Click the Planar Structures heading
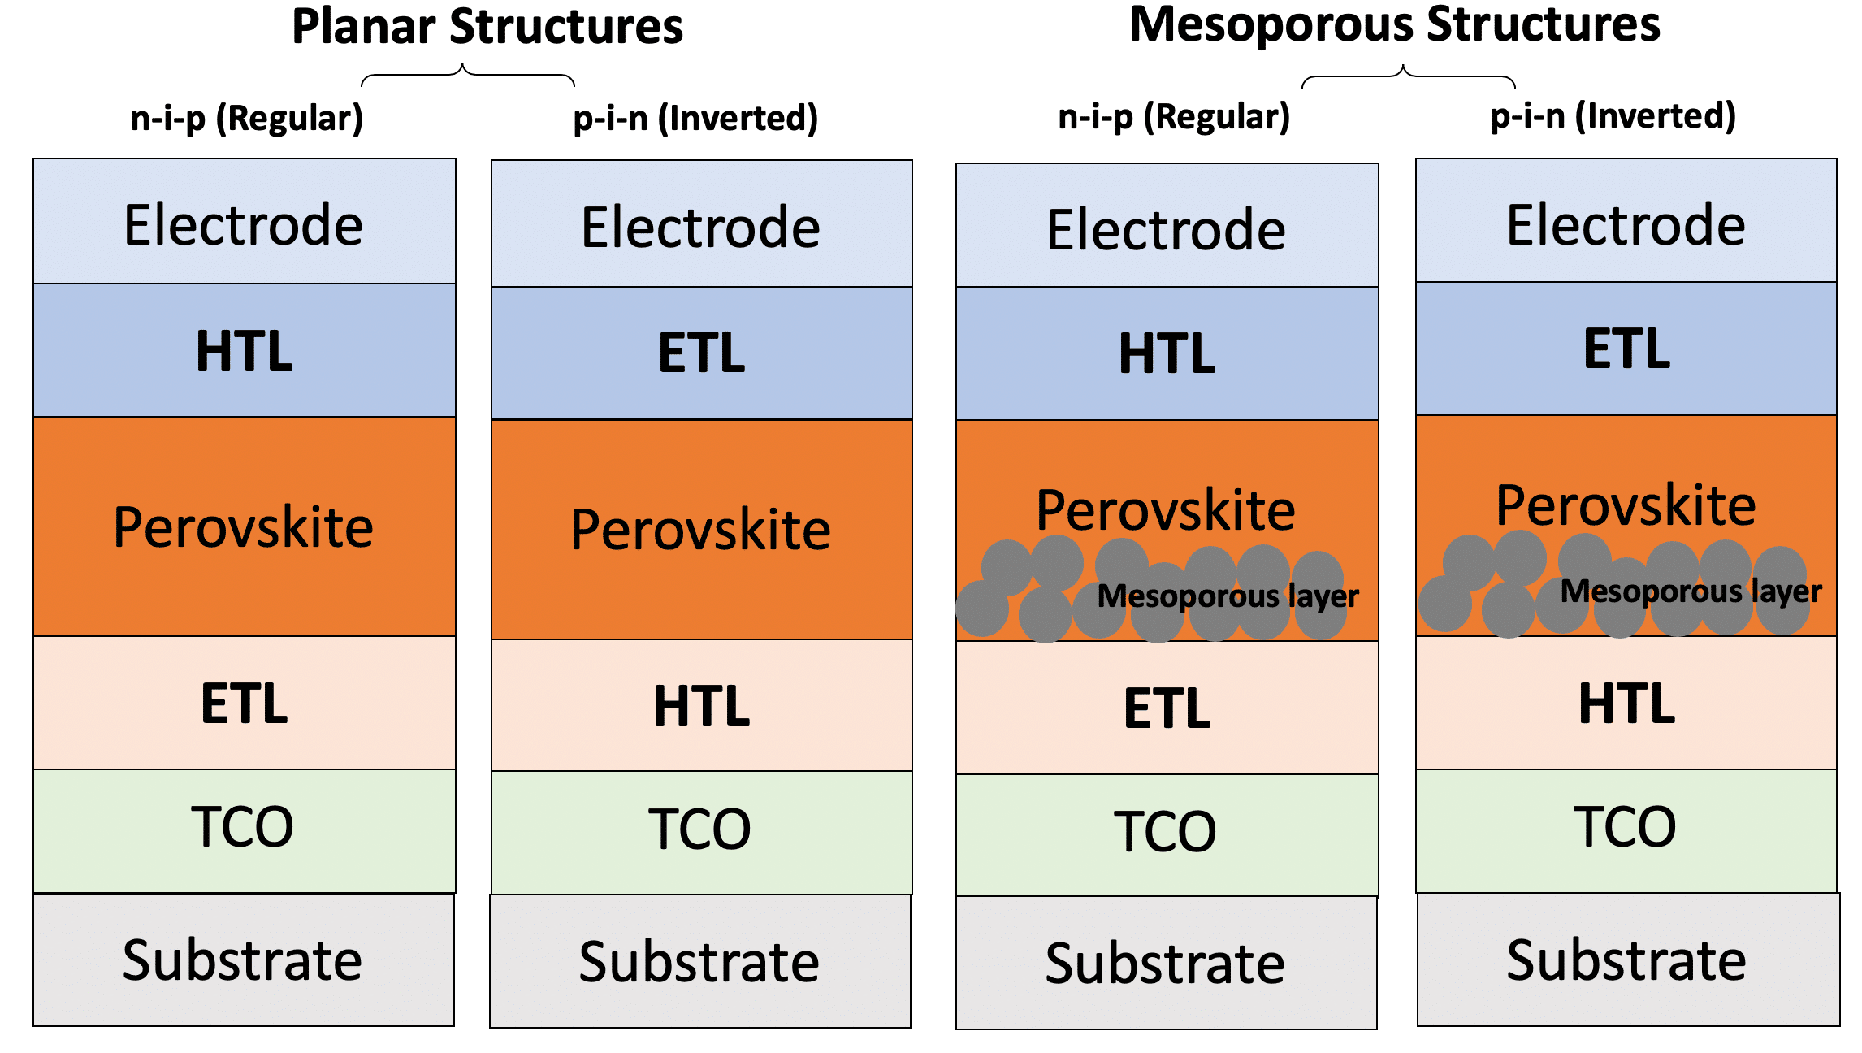point(487,27)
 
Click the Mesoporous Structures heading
point(1394,24)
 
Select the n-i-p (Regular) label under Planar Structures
point(247,118)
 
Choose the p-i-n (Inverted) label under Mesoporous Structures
point(1613,116)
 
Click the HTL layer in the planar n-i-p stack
point(244,351)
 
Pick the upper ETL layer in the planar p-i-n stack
point(701,353)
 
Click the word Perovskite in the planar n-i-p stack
point(243,527)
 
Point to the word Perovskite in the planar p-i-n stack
point(700,530)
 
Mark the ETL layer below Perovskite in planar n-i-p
point(244,703)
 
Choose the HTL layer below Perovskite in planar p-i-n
point(701,705)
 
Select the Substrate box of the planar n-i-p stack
point(243,960)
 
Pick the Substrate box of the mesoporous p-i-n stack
point(1626,960)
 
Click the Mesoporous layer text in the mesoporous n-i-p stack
point(1228,596)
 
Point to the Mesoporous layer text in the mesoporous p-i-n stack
point(1691,591)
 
